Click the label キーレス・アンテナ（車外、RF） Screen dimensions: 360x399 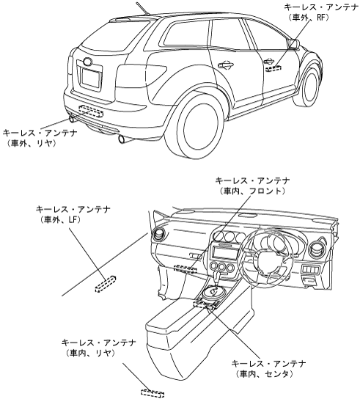point(321,12)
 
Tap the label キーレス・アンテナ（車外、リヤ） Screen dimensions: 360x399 point(40,138)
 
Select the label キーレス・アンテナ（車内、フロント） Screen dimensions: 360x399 point(252,186)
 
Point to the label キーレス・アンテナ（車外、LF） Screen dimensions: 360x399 point(73,214)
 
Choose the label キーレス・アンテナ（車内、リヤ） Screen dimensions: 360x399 point(99,348)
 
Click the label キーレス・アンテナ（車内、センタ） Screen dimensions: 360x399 point(268,368)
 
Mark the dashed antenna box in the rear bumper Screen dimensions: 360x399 point(91,111)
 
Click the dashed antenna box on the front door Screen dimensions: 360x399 point(273,68)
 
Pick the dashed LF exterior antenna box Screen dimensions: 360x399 point(106,285)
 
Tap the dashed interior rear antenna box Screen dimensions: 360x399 point(153,393)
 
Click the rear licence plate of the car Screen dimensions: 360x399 point(91,78)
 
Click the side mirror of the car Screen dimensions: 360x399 point(293,44)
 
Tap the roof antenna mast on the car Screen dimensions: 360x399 point(142,9)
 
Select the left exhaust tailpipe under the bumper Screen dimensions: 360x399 point(72,119)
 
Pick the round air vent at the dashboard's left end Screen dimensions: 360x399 point(159,235)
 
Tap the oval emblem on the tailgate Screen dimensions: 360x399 point(87,62)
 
